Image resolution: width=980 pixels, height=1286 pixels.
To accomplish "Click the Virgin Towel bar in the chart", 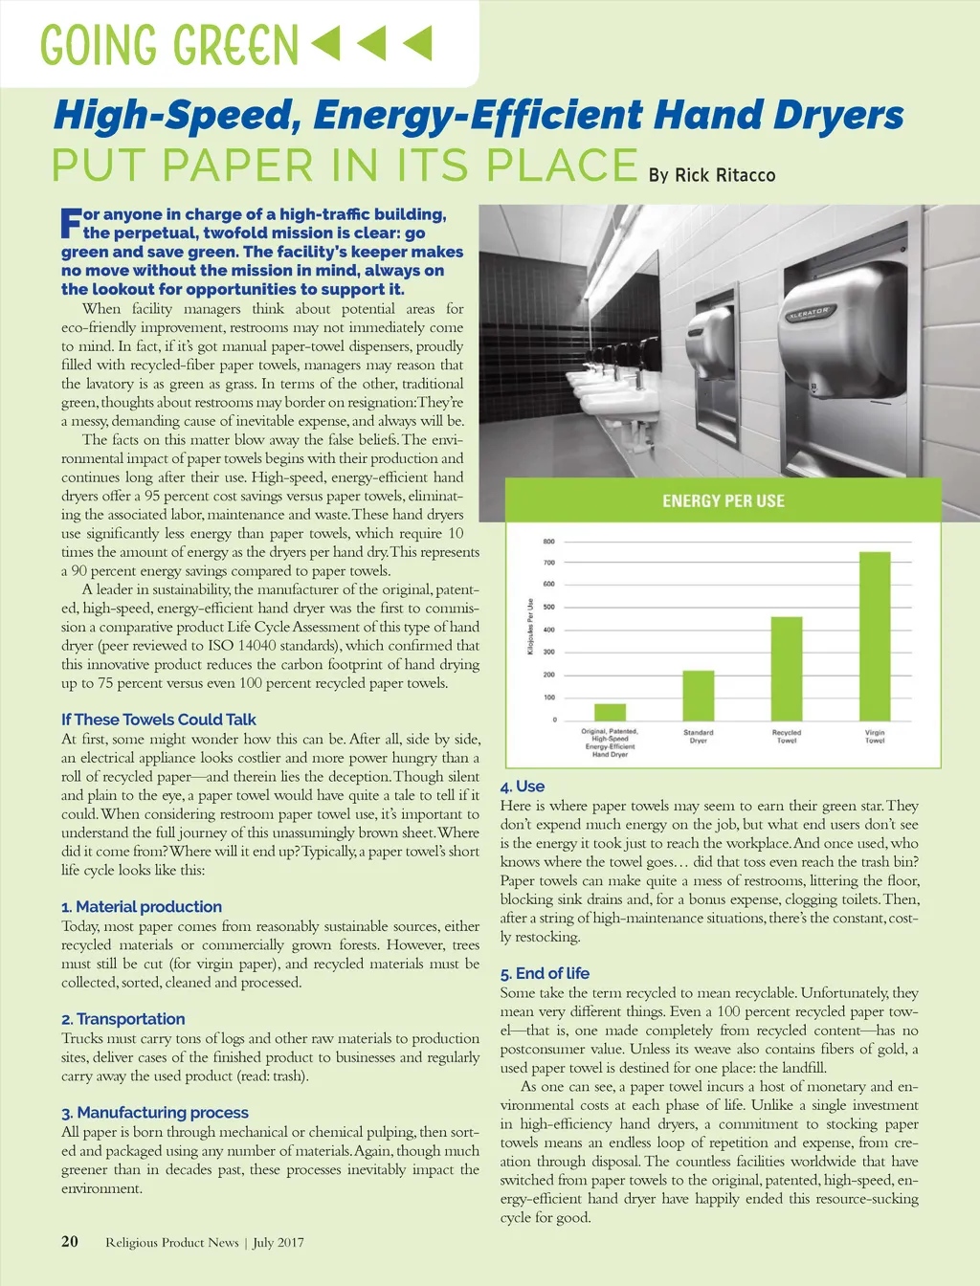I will coord(875,635).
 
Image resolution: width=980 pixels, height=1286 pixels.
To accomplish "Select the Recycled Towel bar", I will coord(787,668).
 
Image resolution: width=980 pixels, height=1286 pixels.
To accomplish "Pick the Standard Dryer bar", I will coord(698,696).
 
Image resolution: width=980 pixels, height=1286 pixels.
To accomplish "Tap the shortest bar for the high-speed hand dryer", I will coord(610,712).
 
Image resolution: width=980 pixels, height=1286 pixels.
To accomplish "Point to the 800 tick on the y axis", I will coord(548,542).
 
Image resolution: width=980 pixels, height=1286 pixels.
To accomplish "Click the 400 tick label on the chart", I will coord(548,630).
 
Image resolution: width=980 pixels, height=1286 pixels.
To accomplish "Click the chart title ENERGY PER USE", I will coord(723,500).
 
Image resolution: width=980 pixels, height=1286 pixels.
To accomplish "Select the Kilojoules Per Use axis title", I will coord(530,627).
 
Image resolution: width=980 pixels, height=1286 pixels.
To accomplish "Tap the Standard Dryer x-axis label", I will coord(698,736).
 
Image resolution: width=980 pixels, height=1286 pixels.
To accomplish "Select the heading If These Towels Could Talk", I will coord(159,720).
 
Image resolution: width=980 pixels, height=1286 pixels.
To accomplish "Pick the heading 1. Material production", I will coord(142,906).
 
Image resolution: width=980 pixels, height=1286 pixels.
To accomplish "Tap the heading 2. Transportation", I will coord(123,1019).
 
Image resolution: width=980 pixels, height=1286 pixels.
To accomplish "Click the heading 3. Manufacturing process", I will coord(155,1113).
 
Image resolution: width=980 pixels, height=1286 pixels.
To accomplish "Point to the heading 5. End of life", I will coord(545,973).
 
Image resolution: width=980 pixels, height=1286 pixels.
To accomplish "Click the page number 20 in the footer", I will coord(70,1241).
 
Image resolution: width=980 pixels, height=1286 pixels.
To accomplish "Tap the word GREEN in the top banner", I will coord(236,45).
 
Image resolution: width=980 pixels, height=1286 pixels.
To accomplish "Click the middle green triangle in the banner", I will coord(371,43).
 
